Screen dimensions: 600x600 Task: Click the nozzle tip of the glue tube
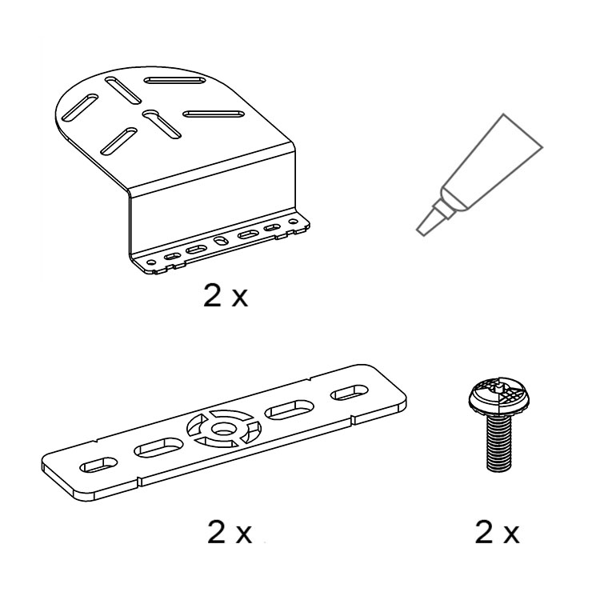coord(423,229)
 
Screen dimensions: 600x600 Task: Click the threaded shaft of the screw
coord(498,443)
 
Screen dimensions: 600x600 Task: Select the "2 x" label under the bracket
coord(226,296)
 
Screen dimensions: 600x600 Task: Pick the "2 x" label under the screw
coord(497,532)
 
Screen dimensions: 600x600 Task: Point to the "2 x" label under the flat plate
coord(230,532)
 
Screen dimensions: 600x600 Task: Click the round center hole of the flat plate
coord(223,429)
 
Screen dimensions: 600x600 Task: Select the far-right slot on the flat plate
coord(350,393)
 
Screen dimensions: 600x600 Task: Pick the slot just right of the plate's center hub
coord(290,410)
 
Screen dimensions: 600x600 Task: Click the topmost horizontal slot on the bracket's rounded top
coord(175,80)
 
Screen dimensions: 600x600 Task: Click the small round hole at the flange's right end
coord(293,222)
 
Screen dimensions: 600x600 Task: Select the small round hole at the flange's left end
coord(152,262)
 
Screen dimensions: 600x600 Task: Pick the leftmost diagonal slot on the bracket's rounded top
coord(80,107)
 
